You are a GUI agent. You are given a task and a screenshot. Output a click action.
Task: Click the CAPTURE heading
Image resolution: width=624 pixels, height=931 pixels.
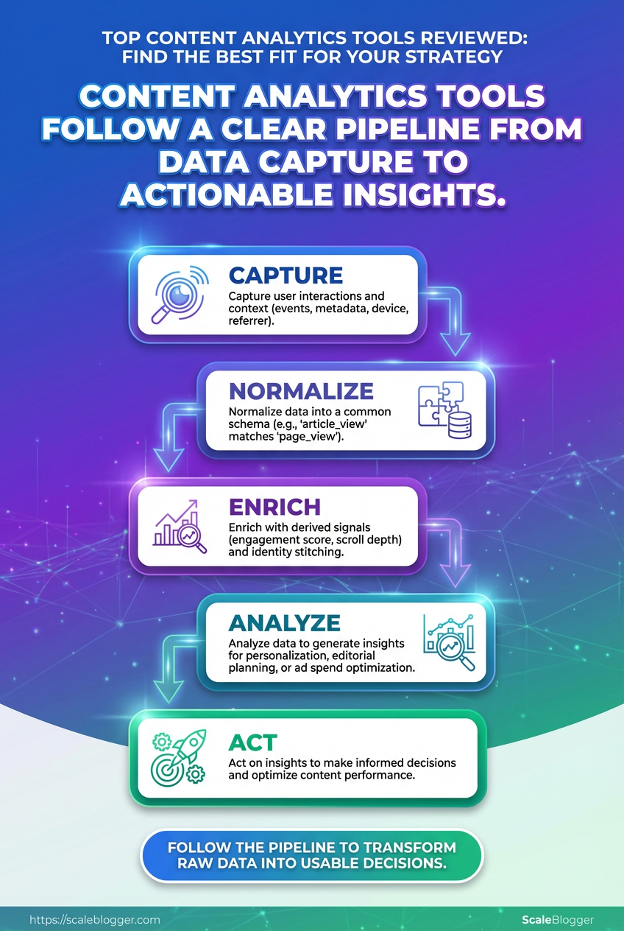[x=286, y=275]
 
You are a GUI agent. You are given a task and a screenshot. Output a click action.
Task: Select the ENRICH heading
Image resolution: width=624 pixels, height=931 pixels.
[x=274, y=507]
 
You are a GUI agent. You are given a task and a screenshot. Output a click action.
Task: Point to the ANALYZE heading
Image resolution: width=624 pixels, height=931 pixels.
[x=285, y=623]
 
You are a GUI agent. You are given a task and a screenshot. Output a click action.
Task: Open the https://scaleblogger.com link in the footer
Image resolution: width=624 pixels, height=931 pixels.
[x=94, y=920]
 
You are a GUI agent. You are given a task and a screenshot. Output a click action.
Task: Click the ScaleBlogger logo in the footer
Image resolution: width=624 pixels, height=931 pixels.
[x=557, y=920]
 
